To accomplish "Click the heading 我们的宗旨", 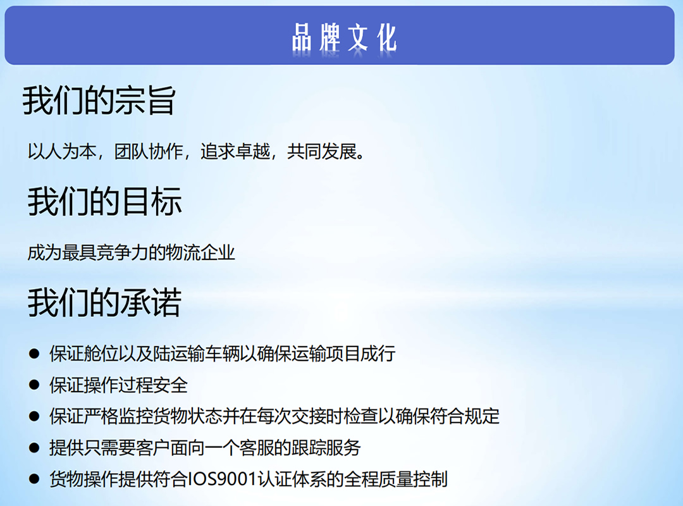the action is [x=99, y=101].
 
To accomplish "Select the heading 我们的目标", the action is [x=104, y=201].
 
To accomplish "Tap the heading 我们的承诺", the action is [x=104, y=302].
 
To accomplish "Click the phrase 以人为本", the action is [x=62, y=152].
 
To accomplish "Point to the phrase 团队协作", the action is [x=148, y=152].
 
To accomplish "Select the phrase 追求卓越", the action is [x=235, y=152].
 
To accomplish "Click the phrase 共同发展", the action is [x=321, y=152].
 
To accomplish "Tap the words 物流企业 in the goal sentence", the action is [x=200, y=253].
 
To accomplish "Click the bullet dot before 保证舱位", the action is [x=34, y=354].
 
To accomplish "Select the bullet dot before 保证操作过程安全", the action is [x=34, y=385].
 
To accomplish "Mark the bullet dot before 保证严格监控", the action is [x=34, y=416].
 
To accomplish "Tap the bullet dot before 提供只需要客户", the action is [x=34, y=448].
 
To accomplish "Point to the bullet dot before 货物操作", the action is [x=34, y=479].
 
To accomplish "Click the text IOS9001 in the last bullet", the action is [x=222, y=479].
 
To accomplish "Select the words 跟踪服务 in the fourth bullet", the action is [x=326, y=448].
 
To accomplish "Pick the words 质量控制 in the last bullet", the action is [x=412, y=479].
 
